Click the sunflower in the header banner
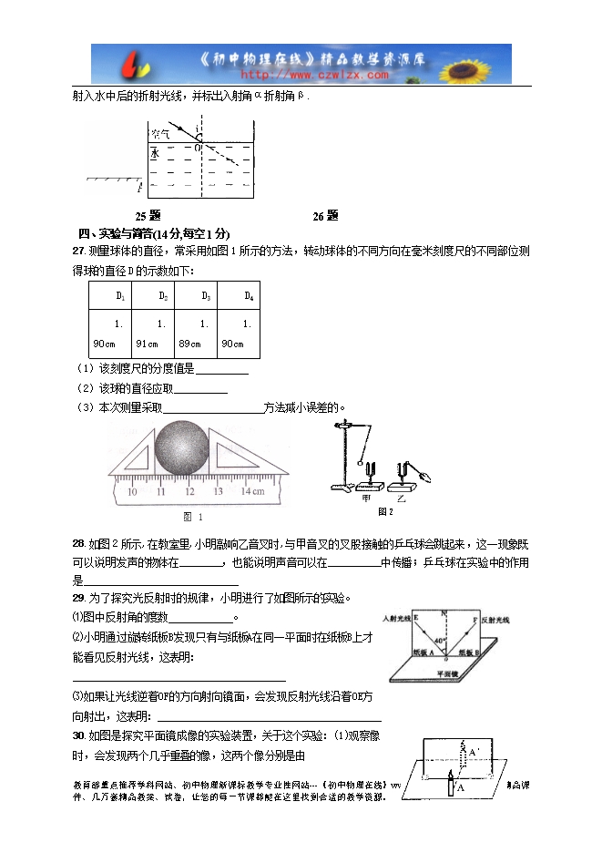coord(482,64)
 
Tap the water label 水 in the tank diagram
coord(156,152)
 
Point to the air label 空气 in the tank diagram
coord(160,133)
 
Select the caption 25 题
coord(148,216)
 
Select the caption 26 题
coord(325,216)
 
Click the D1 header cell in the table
coord(121,296)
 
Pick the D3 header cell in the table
coord(206,296)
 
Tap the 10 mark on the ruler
coord(131,491)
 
